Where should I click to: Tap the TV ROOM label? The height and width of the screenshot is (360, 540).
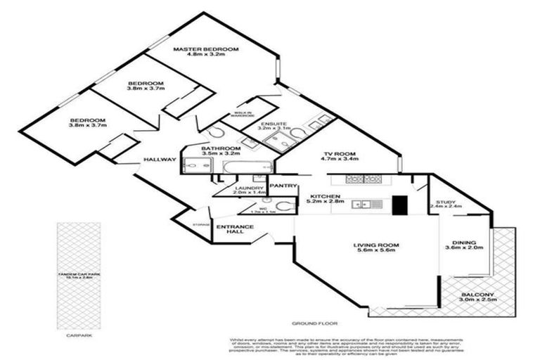click(341, 153)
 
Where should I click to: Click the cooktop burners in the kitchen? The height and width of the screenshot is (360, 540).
click(354, 179)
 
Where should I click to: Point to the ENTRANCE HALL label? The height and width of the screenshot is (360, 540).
click(230, 230)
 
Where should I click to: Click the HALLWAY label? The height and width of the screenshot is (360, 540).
click(160, 160)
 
